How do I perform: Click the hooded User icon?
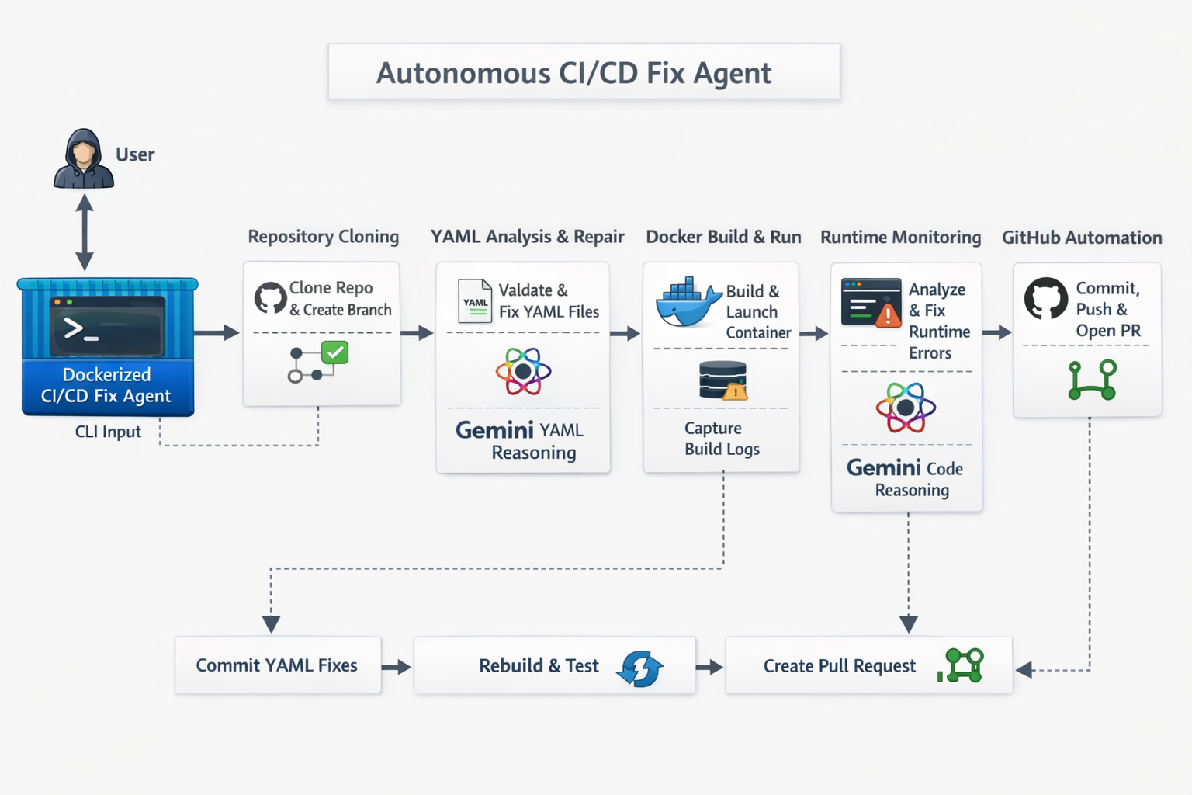tap(84, 159)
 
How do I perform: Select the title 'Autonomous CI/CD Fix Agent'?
tap(573, 73)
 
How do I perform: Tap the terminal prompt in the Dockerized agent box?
tap(81, 329)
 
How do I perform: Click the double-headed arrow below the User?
tap(85, 232)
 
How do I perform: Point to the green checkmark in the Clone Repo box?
tap(334, 352)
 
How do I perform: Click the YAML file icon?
tap(475, 301)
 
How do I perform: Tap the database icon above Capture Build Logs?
tap(722, 380)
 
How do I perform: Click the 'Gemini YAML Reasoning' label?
tap(521, 440)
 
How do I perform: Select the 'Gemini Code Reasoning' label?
tap(906, 477)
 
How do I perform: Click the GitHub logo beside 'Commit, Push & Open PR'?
tap(1045, 299)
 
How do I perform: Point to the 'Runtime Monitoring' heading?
tap(900, 238)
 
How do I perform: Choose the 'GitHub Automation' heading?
tap(1081, 238)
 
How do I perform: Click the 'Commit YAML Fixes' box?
tap(277, 665)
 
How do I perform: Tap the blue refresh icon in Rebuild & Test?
tap(640, 668)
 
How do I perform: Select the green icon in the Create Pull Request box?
tap(962, 665)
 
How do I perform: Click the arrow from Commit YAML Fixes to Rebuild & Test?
tap(397, 666)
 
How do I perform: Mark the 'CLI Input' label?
tap(108, 432)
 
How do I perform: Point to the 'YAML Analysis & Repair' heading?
tap(527, 237)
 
